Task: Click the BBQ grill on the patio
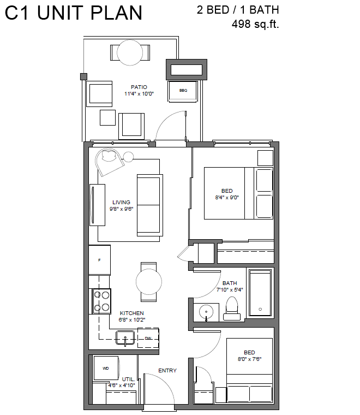[x=183, y=91]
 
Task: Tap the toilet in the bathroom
[x=232, y=309]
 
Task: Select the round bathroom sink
[x=206, y=312]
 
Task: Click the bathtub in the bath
[x=260, y=293]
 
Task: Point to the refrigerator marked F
[x=99, y=260]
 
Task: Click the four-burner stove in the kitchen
[x=102, y=301]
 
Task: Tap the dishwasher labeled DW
[x=148, y=338]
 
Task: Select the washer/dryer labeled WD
[x=106, y=368]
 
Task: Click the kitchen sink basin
[x=125, y=337]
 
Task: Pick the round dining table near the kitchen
[x=149, y=282]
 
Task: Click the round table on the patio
[x=130, y=52]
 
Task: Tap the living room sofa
[x=149, y=205]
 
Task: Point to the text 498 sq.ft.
[x=255, y=24]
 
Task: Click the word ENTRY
[x=167, y=371]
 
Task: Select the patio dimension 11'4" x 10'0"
[x=139, y=94]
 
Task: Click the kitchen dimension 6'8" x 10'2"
[x=131, y=320]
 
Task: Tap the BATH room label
[x=230, y=283]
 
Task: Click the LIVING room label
[x=121, y=203]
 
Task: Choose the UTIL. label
[x=129, y=380]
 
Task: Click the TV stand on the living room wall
[x=97, y=205]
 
